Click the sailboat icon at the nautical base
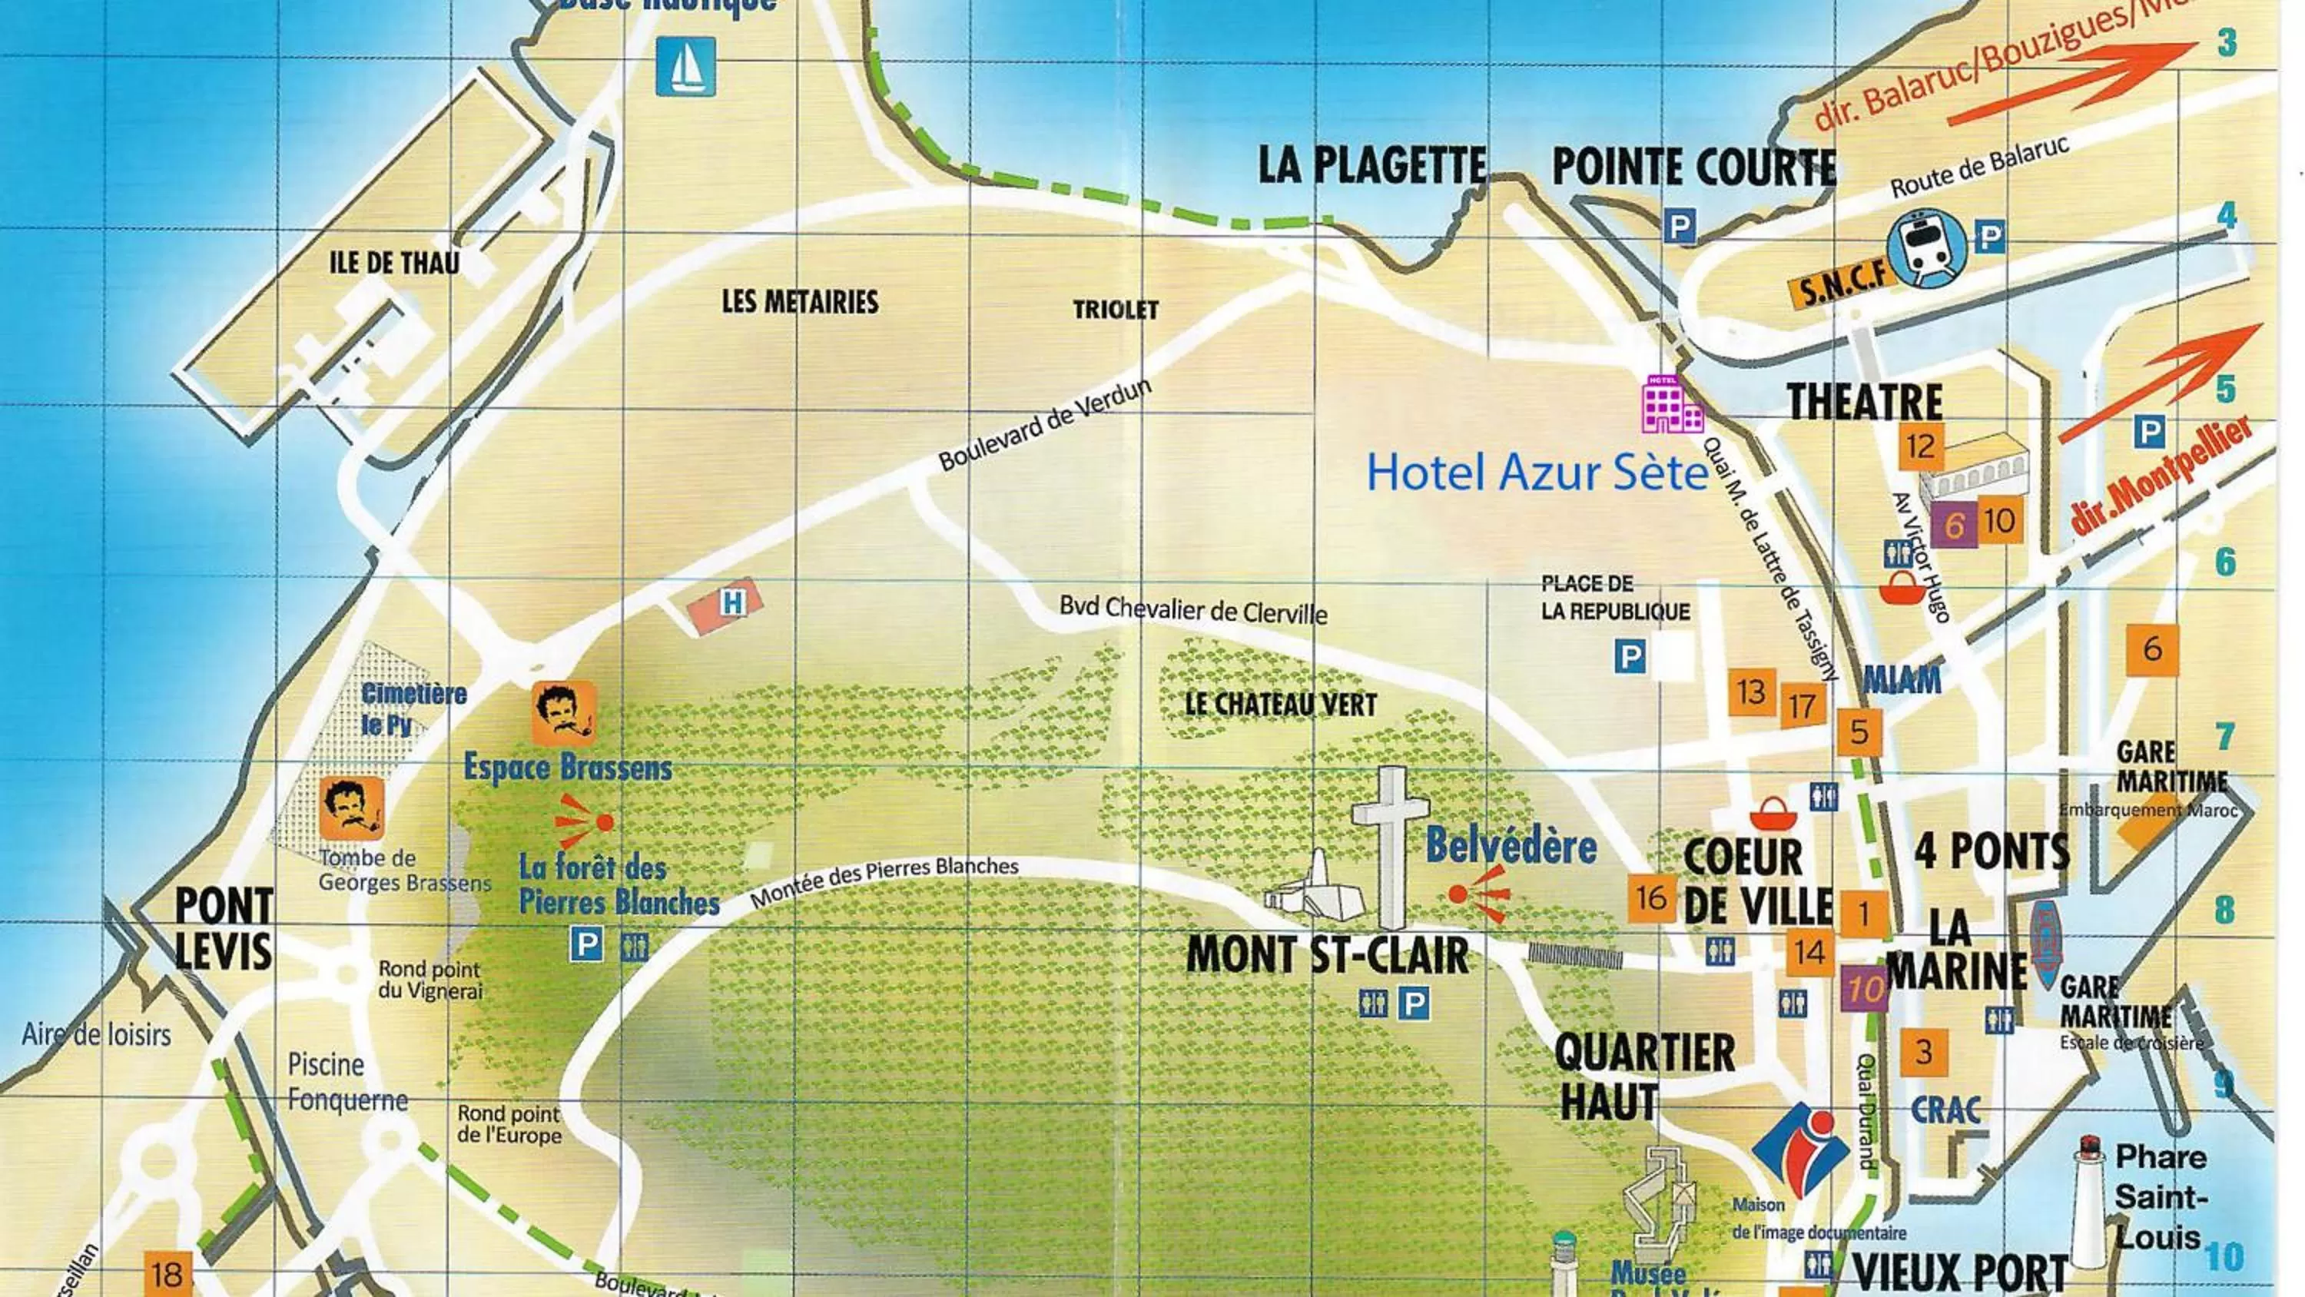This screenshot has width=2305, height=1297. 685,66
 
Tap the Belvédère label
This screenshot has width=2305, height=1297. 1511,846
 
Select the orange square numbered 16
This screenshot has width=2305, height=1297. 1651,897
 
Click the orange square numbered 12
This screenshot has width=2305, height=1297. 1920,446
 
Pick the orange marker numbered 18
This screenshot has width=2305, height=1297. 167,1273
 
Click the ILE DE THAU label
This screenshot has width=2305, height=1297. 395,262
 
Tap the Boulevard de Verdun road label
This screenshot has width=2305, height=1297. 1044,425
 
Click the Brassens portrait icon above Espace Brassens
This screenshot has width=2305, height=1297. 563,713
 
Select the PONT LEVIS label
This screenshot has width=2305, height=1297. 224,928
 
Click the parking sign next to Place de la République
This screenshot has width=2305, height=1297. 1630,657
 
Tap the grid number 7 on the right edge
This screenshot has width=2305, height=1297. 2225,736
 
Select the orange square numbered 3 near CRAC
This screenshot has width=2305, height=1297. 1923,1052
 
